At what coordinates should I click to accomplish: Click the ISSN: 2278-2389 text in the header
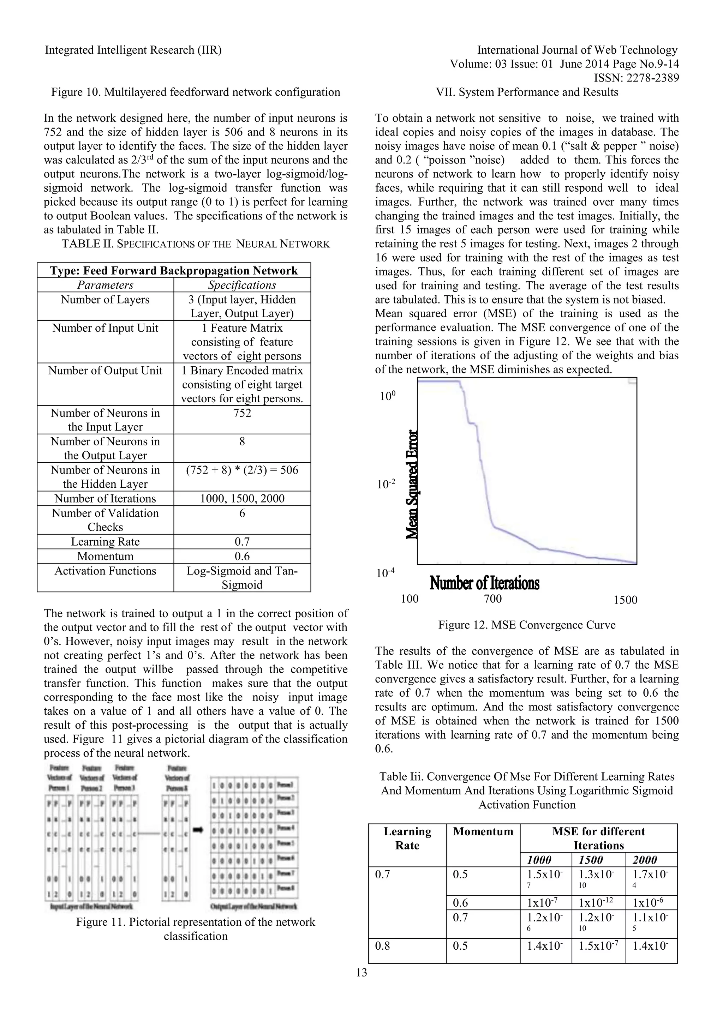click(636, 78)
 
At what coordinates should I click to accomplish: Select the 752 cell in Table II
click(242, 413)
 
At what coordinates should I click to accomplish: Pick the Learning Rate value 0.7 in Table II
click(242, 542)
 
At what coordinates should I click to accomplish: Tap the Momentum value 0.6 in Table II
click(242, 557)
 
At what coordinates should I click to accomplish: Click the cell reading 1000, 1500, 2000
click(242, 499)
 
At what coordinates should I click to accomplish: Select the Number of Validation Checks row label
click(105, 520)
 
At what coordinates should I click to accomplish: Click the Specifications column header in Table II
click(242, 285)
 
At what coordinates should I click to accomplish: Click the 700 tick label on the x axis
click(492, 599)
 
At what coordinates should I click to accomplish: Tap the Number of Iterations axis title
click(484, 583)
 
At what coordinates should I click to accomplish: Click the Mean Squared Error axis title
click(413, 484)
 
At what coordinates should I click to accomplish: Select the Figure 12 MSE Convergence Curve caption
click(527, 625)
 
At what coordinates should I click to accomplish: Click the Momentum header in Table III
click(483, 831)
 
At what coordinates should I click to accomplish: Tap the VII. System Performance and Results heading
click(527, 92)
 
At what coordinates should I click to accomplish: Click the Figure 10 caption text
click(196, 92)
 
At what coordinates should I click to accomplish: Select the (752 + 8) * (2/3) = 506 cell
click(242, 470)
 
